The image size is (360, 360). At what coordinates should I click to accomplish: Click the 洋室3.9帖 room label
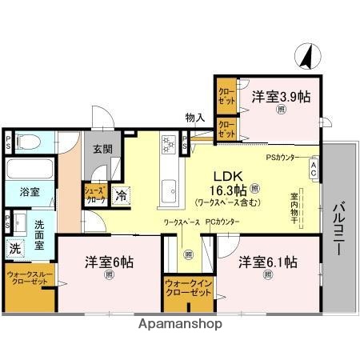pyautogui.click(x=281, y=97)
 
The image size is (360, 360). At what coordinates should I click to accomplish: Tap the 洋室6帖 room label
pyautogui.click(x=110, y=261)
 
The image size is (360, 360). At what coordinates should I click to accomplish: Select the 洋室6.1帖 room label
pyautogui.click(x=267, y=262)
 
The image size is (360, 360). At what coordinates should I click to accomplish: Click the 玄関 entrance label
pyautogui.click(x=101, y=150)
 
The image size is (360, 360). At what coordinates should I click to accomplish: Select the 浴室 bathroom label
pyautogui.click(x=20, y=193)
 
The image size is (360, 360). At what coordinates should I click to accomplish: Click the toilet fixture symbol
pyautogui.click(x=30, y=142)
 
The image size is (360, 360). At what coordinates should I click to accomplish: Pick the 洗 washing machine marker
pyautogui.click(x=14, y=248)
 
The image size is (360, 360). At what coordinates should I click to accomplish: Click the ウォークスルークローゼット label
pyautogui.click(x=29, y=279)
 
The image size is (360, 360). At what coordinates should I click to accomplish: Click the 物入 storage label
pyautogui.click(x=194, y=118)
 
